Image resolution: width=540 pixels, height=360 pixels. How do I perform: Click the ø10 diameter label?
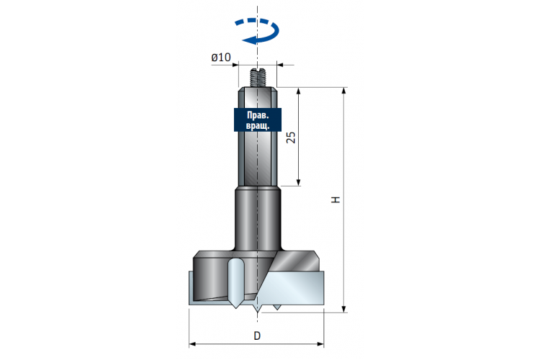pos(221,57)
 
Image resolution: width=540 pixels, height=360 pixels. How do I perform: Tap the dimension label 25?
pos(292,137)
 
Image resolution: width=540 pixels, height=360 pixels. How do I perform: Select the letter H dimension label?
pos(336,200)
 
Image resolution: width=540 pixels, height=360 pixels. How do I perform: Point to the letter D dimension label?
pos(257,336)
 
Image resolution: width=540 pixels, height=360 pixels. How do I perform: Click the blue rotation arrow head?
pos(249,40)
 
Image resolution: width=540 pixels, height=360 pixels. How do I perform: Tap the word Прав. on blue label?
pos(258,115)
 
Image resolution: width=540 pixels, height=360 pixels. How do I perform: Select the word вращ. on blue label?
pos(258,125)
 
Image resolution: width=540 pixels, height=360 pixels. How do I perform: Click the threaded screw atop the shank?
pos(257,78)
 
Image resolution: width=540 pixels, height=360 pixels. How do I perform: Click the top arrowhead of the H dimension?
pos(343,91)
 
